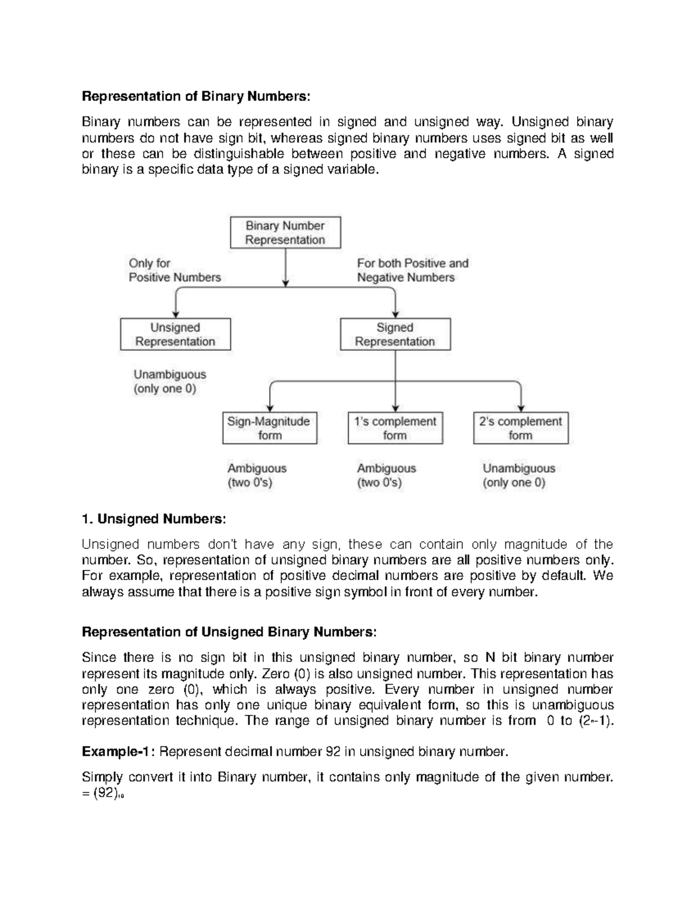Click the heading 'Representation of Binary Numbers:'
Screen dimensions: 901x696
(196, 96)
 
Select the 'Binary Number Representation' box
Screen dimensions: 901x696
(285, 233)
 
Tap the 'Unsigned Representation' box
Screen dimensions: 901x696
(175, 334)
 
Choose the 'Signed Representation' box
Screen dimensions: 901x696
(395, 334)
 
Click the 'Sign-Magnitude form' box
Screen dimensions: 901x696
(270, 428)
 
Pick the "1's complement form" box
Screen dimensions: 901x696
(395, 428)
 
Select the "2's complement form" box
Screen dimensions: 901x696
(520, 428)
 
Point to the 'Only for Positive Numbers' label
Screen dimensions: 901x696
(175, 270)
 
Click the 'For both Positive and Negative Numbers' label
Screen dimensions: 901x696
(412, 270)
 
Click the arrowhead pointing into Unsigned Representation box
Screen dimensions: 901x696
(175, 314)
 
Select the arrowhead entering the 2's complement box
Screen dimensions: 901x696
(521, 408)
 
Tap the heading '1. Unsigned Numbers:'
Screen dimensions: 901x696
(153, 519)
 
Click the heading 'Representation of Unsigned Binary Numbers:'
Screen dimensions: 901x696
(229, 632)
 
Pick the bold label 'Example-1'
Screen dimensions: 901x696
(118, 752)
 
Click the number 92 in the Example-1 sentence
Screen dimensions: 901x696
(333, 752)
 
